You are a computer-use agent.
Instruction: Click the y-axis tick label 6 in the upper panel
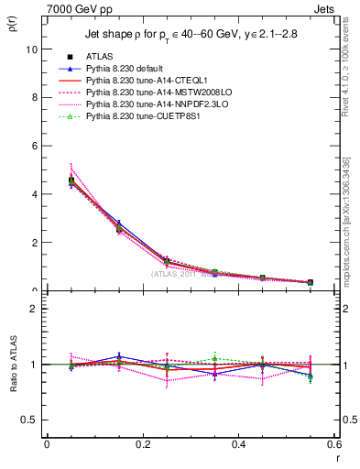34,146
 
